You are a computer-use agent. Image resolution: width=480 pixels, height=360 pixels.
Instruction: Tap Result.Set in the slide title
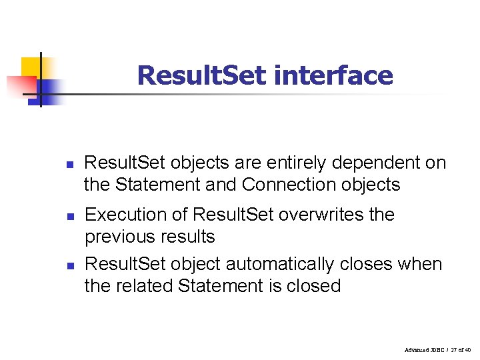coord(201,75)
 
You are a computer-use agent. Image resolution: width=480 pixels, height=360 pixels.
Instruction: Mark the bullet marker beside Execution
coord(69,217)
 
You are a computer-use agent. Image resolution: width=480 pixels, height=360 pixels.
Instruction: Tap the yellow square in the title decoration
coord(32,67)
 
